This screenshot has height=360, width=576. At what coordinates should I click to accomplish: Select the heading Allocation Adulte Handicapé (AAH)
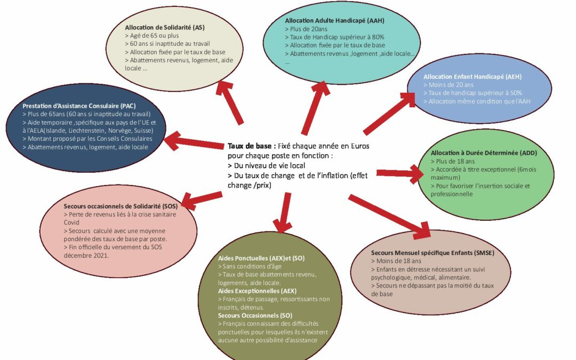[334, 20]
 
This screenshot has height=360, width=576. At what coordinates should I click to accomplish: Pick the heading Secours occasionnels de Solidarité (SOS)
[121, 205]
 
